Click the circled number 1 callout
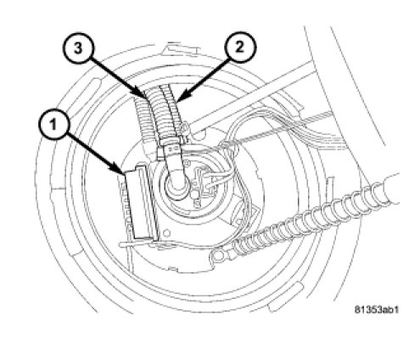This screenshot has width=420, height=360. [53, 125]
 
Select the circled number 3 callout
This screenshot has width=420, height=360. [78, 48]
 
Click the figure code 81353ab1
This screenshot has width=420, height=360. [377, 309]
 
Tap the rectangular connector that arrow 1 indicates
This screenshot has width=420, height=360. [140, 202]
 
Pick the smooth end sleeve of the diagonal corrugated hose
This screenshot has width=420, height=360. [389, 189]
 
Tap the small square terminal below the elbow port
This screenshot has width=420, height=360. [198, 203]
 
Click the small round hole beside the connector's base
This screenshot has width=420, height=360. [166, 233]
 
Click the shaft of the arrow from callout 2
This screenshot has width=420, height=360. [204, 78]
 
